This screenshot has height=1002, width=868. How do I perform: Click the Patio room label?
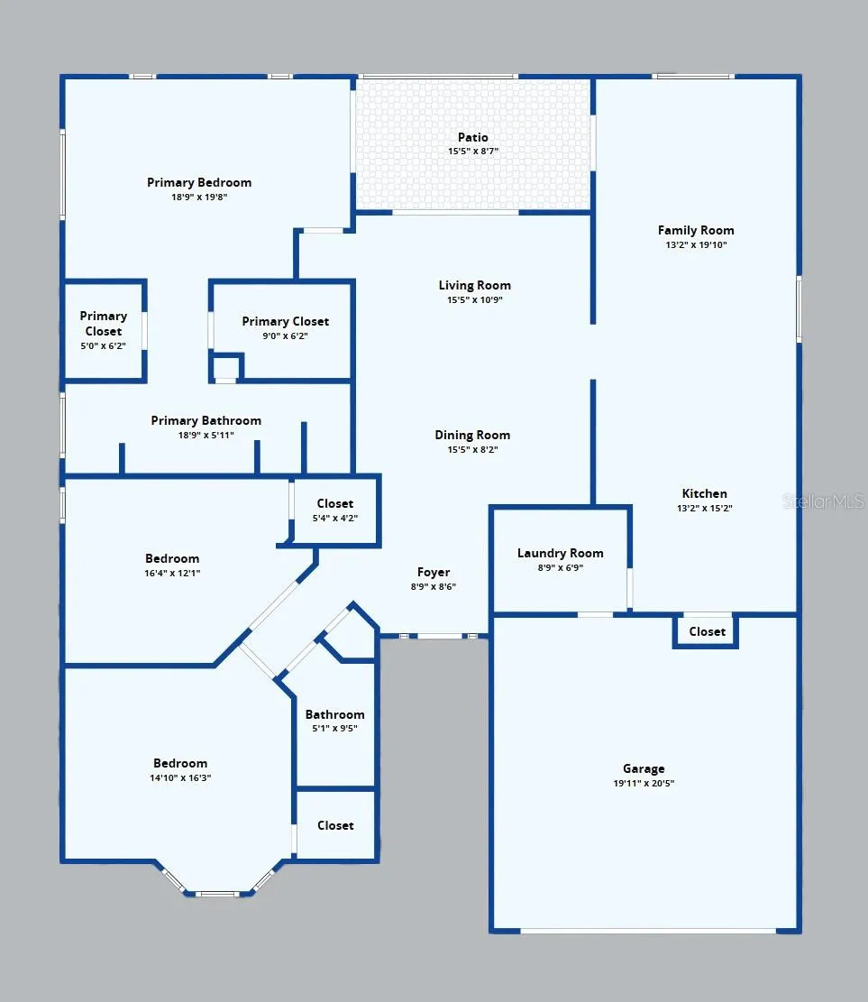coord(472,137)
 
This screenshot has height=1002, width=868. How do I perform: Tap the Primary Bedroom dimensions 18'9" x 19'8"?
coord(199,197)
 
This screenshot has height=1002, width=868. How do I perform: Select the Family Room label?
coord(696,230)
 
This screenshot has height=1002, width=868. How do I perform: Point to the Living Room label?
coord(474,285)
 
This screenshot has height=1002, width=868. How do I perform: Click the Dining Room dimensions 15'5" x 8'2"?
coord(472,449)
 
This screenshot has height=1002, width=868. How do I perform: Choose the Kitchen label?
coord(705,493)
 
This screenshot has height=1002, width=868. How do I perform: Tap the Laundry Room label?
coord(560,554)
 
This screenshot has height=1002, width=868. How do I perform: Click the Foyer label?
coord(434,572)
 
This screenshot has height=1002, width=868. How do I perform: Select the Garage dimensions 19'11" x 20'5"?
coord(644,783)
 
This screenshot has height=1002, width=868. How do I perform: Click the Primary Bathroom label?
coord(206,420)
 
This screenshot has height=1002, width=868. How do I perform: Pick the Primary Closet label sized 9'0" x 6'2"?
coord(286,321)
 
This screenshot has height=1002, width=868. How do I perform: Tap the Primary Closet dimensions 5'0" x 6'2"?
coord(103,345)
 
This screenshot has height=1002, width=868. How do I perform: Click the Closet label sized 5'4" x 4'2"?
coord(334,503)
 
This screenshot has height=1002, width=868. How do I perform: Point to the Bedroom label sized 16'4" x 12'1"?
coord(172,558)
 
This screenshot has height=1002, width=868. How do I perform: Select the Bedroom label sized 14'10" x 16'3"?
coord(180,763)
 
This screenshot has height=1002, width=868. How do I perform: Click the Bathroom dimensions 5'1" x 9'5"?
coord(334,728)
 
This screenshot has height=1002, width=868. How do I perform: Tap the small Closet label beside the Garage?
coord(707,631)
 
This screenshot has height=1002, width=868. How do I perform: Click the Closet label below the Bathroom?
coord(335,825)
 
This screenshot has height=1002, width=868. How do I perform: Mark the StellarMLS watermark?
coord(824,501)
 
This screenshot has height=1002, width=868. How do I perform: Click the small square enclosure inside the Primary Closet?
coord(225,368)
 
